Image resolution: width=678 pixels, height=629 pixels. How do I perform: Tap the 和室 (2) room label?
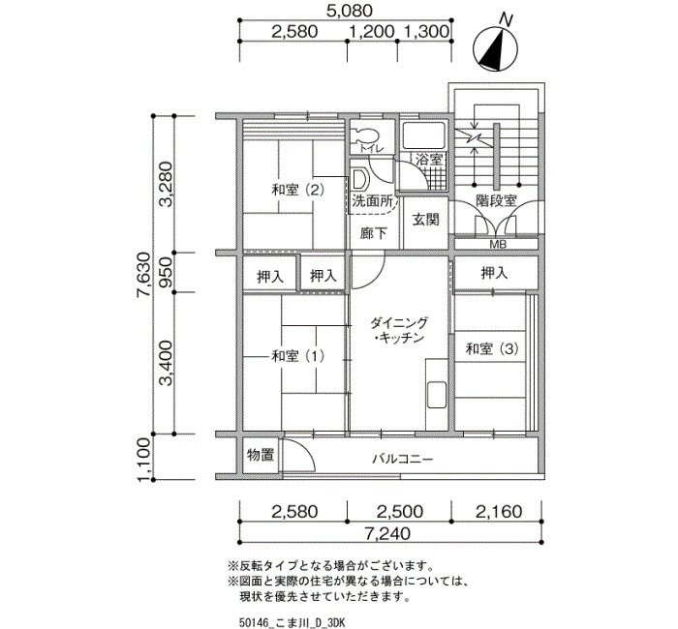coord(297,190)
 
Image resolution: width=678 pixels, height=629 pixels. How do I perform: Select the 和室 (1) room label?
coord(297,356)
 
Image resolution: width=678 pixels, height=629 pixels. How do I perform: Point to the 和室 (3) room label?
coord(492,348)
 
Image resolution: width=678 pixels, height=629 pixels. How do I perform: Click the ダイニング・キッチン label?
coord(399,330)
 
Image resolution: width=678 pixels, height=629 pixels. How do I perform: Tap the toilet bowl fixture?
coord(363,135)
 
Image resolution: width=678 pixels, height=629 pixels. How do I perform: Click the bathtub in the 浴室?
coord(424,135)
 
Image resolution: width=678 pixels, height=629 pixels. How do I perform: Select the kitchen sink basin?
coord(437,395)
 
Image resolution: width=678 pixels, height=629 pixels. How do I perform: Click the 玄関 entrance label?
coord(425,220)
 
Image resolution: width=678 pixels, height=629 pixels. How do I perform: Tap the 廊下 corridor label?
coord(374,234)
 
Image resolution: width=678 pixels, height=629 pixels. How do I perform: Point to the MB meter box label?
coord(498,244)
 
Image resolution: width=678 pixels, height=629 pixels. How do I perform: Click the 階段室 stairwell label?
coord(496,201)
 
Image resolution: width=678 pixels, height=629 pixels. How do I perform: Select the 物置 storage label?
coord(261,455)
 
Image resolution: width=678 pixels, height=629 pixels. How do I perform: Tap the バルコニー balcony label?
coord(403,459)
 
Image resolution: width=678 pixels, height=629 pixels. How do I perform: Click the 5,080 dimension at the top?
coord(350,11)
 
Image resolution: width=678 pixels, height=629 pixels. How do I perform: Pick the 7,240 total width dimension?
coord(387,533)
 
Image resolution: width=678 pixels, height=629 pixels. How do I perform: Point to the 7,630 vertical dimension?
coord(142,274)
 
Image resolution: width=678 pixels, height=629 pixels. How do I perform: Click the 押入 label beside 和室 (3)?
coord(494,273)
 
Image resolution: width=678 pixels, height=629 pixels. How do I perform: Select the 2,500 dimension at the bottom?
coord(399,512)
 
